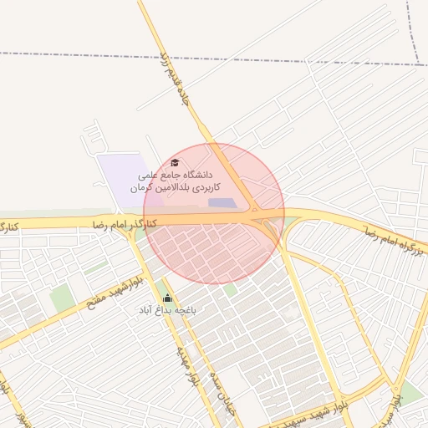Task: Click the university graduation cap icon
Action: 175,162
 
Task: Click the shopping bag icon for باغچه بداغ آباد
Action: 167,298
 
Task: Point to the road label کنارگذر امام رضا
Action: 123,223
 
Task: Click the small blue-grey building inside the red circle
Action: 222,203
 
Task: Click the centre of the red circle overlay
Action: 214,213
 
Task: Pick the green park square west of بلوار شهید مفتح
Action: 61,298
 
